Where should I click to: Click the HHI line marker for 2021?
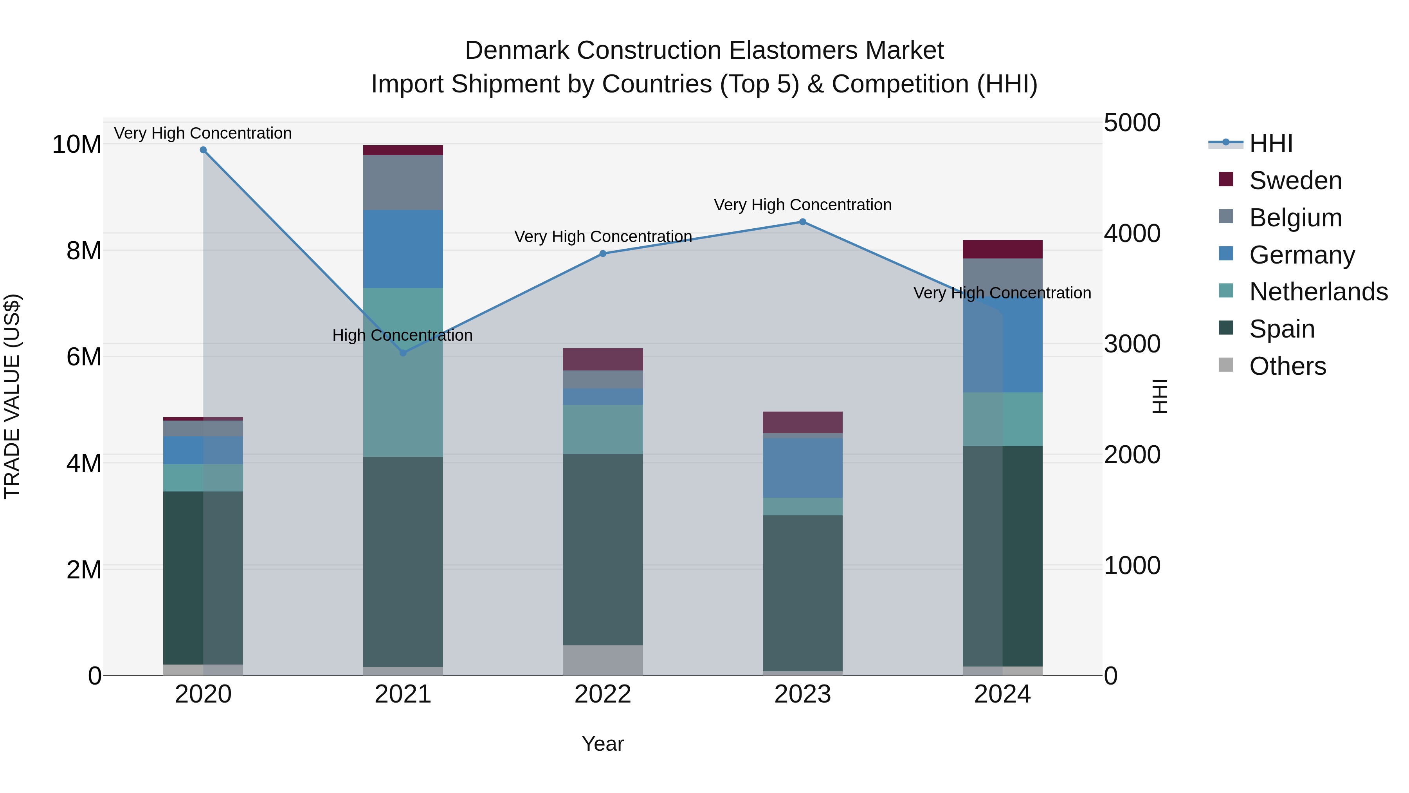point(403,353)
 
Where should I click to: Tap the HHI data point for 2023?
point(802,222)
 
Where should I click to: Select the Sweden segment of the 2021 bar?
point(403,150)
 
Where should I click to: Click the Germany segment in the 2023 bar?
point(802,468)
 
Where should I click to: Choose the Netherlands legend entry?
point(1318,292)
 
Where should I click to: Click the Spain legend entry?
point(1281,329)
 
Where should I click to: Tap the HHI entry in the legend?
point(1270,143)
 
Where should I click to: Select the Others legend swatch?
point(1226,365)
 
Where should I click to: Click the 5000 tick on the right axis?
point(1131,123)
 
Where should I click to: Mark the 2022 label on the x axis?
point(603,694)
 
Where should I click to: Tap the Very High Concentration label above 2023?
point(802,205)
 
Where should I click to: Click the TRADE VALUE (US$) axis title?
point(12,396)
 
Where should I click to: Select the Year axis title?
point(603,744)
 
